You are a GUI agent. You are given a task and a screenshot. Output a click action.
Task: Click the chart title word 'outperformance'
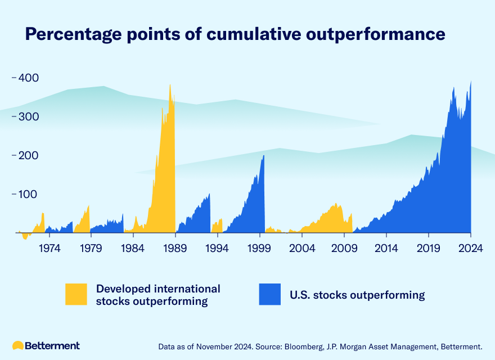point(382,34)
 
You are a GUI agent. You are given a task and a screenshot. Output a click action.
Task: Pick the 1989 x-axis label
point(175,247)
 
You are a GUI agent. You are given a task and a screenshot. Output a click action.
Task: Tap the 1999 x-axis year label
point(260,247)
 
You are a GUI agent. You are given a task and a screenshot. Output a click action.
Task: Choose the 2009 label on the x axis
point(344,247)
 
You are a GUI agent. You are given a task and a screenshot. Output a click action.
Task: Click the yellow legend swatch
point(76,294)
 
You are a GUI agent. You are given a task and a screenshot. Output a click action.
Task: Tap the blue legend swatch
point(269,294)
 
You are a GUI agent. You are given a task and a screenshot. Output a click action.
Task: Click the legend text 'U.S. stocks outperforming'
point(357,295)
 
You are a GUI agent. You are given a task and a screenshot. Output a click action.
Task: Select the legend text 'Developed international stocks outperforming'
point(158,295)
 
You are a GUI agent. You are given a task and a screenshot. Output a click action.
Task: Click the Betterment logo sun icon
point(18,345)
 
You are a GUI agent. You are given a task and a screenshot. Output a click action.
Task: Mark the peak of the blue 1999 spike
point(263,156)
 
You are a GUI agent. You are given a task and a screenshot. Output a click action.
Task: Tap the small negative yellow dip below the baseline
point(25,236)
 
